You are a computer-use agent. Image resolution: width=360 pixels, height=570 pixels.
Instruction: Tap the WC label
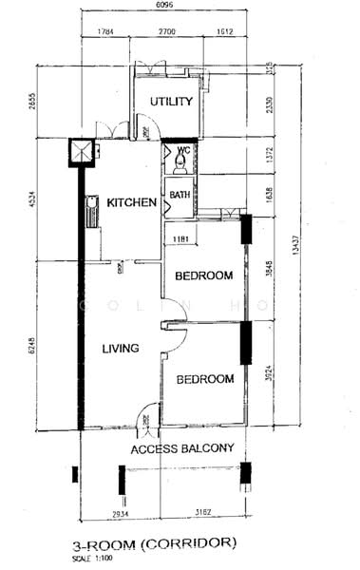(x=184, y=149)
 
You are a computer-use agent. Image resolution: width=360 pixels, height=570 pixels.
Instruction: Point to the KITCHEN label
(x=131, y=202)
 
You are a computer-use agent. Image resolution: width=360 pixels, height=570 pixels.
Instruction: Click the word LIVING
(x=121, y=349)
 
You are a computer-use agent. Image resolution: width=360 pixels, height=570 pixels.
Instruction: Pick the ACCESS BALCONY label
(x=182, y=448)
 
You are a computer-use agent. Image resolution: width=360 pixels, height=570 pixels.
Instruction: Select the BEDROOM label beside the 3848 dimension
(x=204, y=275)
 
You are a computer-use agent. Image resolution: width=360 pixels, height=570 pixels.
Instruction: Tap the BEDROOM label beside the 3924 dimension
(x=204, y=379)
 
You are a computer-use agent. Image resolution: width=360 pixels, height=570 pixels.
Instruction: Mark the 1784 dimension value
(x=106, y=32)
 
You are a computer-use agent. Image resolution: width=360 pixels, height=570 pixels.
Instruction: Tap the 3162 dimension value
(x=202, y=514)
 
